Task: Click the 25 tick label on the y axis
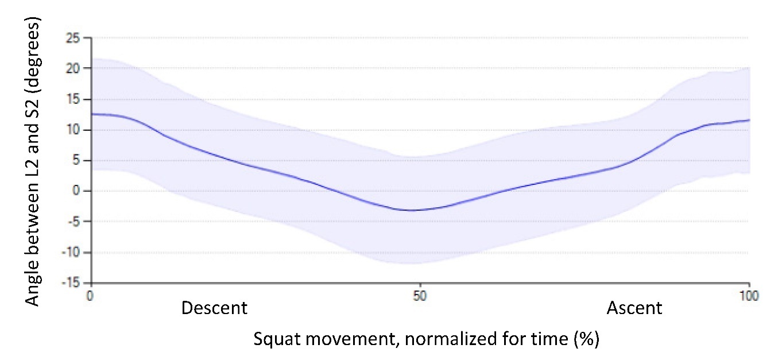click(x=73, y=38)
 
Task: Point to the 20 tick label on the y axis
click(x=73, y=68)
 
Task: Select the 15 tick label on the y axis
click(x=73, y=99)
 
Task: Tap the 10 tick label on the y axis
click(x=73, y=130)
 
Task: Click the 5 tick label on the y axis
click(x=76, y=161)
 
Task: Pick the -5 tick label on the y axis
click(x=74, y=222)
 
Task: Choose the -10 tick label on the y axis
click(x=71, y=253)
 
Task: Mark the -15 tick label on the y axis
click(x=71, y=283)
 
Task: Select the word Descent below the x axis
click(x=214, y=308)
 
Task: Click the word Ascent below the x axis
click(x=634, y=308)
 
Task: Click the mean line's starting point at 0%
click(x=92, y=114)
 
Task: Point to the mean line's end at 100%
click(x=749, y=120)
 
